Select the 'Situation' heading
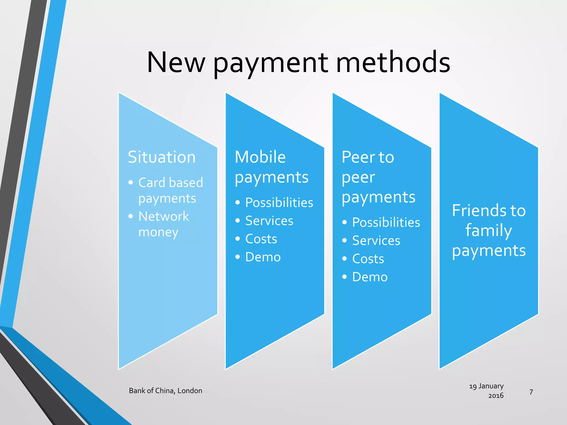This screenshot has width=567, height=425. pyautogui.click(x=162, y=157)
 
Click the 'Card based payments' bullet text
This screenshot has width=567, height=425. pyautogui.click(x=171, y=190)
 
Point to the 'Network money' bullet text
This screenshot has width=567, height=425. pyautogui.click(x=163, y=224)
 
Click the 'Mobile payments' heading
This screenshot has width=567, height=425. pyautogui.click(x=271, y=167)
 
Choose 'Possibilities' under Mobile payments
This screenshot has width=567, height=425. pyautogui.click(x=279, y=203)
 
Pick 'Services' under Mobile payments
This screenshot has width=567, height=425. pyautogui.click(x=269, y=221)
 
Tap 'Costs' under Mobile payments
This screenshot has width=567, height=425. pyautogui.click(x=261, y=239)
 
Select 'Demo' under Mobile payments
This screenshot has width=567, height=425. pyautogui.click(x=263, y=257)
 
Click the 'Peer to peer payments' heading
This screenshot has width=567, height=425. pyautogui.click(x=378, y=177)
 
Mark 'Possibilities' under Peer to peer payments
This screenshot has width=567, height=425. pyautogui.click(x=386, y=222)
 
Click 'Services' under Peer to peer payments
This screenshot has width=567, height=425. pyautogui.click(x=376, y=241)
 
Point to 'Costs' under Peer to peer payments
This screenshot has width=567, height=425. pyautogui.click(x=368, y=259)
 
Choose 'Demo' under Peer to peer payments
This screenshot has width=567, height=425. pyautogui.click(x=370, y=277)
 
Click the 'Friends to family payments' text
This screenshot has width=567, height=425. pyautogui.click(x=489, y=230)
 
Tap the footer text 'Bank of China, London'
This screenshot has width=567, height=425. pyautogui.click(x=166, y=391)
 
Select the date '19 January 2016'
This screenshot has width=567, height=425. pyautogui.click(x=487, y=391)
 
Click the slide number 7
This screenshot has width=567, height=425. pyautogui.click(x=531, y=392)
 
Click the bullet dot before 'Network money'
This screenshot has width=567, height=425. pyautogui.click(x=131, y=216)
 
